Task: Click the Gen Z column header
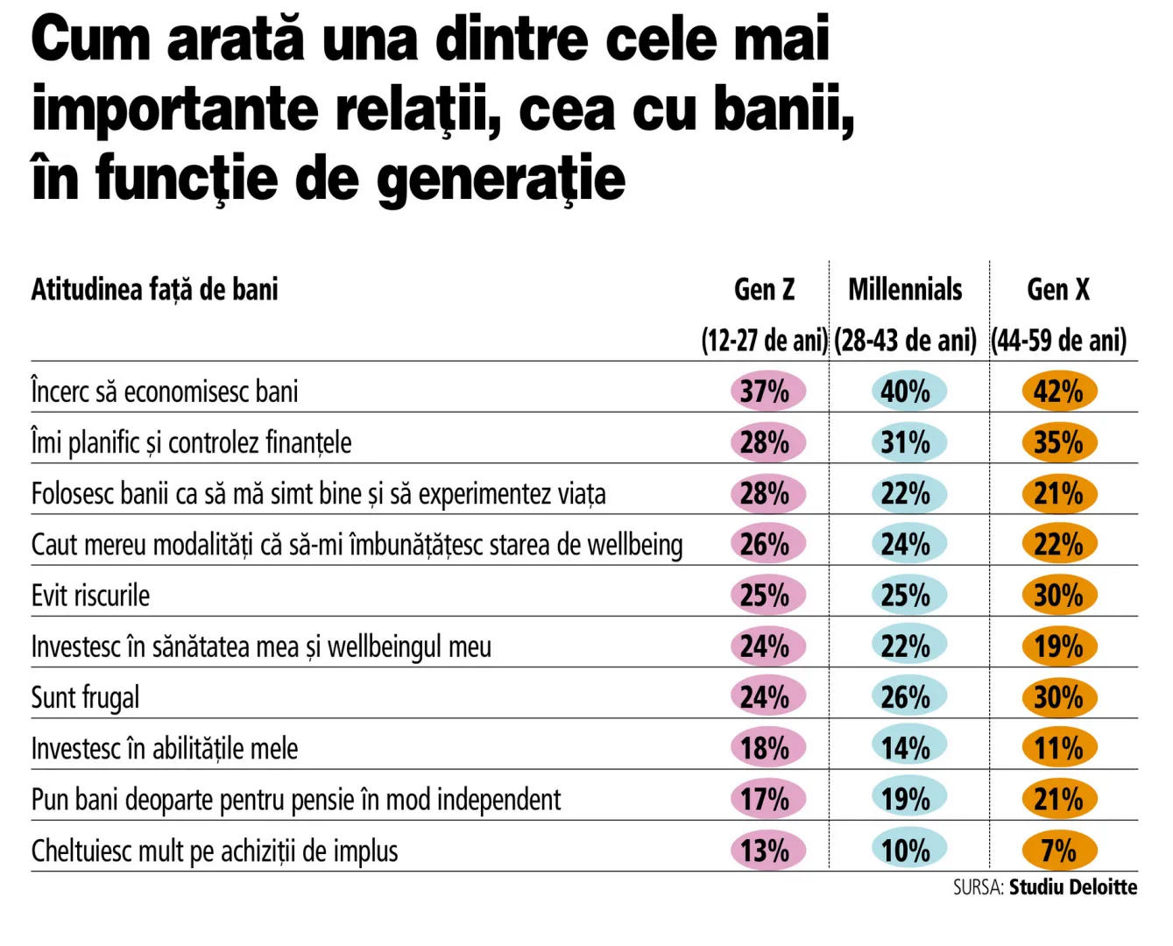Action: coord(764,289)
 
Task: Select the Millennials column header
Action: coord(905,289)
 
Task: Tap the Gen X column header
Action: coord(1058,289)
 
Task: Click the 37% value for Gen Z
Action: coord(766,392)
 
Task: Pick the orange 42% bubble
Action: coord(1058,392)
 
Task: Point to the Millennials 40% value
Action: coord(907,392)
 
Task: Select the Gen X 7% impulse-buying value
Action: coord(1058,851)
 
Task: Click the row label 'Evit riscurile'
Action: coord(91,596)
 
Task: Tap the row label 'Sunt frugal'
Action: coord(85,698)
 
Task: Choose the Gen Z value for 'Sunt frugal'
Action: coord(766,697)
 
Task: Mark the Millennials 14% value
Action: coord(907,748)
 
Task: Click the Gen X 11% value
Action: coord(1058,748)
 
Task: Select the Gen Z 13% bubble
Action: coord(766,851)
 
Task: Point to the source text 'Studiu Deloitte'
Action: coord(1072,887)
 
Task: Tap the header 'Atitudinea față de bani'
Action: coord(155,289)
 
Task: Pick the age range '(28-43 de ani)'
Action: coord(905,340)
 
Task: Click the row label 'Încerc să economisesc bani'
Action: coord(165,392)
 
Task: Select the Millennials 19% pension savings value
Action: coord(907,799)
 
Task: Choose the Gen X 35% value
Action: coord(1058,442)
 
